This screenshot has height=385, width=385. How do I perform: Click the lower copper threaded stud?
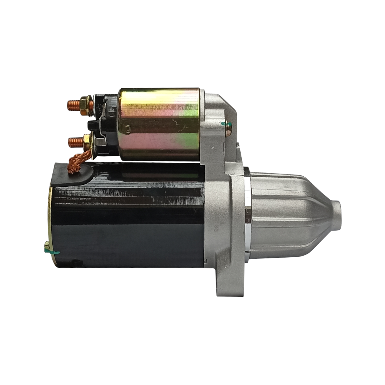[74, 142]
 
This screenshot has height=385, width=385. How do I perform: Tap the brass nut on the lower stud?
[86, 141]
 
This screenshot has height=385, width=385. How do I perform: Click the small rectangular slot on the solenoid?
[128, 127]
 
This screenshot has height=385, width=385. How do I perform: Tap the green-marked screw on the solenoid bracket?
[227, 125]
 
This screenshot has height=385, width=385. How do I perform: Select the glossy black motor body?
[131, 216]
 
